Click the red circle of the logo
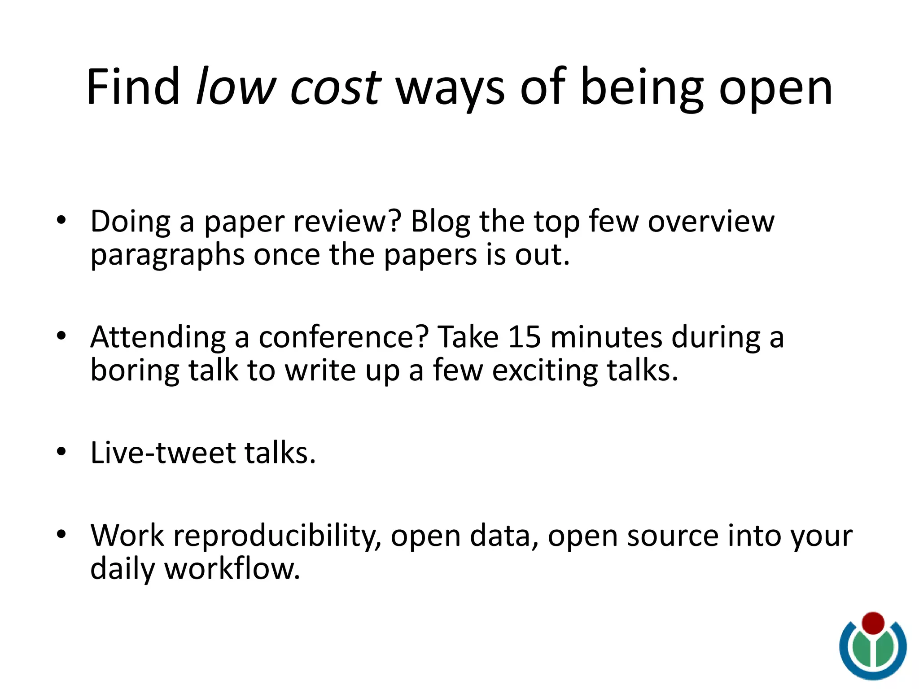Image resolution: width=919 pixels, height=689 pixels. pos(873,623)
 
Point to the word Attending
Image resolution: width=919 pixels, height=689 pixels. pos(158,337)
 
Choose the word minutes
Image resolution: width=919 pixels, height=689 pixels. pos(606,337)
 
